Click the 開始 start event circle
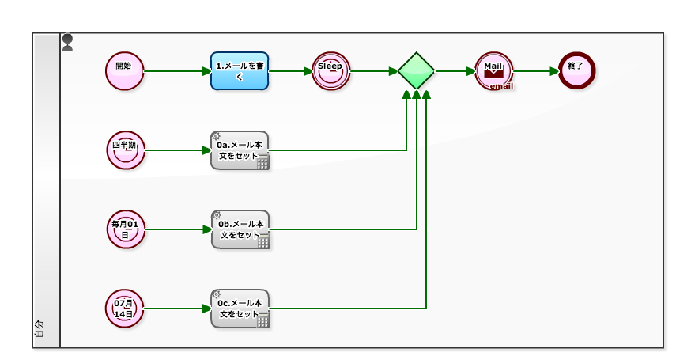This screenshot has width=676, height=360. [x=124, y=71]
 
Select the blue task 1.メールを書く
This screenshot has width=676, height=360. [x=240, y=71]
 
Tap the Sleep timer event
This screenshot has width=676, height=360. [x=330, y=71]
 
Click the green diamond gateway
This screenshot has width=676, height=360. [x=416, y=71]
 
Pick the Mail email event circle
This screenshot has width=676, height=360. [x=495, y=71]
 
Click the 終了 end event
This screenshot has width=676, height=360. [x=576, y=71]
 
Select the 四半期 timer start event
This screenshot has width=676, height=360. [x=126, y=150]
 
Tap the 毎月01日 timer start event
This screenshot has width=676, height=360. [x=126, y=229]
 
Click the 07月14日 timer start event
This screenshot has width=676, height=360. [x=125, y=309]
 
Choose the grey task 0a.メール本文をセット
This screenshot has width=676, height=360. [x=240, y=150]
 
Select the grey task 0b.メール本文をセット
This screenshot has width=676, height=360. [x=240, y=229]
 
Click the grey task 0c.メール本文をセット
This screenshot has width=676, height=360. [x=240, y=309]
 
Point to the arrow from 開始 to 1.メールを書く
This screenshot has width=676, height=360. [x=177, y=71]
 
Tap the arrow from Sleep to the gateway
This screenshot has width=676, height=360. [x=373, y=71]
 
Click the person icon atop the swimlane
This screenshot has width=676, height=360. [x=68, y=42]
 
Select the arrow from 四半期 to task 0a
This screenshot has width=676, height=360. [x=178, y=150]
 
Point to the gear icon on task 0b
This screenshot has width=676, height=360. [x=217, y=215]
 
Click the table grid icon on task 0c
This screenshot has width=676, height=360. [x=262, y=321]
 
